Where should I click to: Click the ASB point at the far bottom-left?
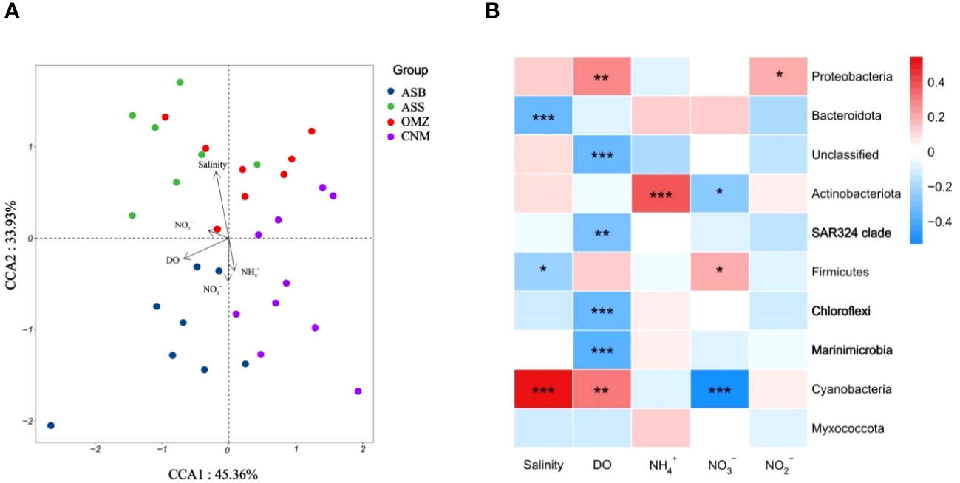50,425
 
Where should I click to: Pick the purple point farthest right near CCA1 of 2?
358,391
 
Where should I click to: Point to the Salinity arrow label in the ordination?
212,165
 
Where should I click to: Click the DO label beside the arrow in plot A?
171,261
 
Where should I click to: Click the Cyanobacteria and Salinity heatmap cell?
544,388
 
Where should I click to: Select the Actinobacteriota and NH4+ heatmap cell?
660,194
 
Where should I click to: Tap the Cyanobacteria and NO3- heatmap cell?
718,388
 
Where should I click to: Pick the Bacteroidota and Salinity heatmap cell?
544,116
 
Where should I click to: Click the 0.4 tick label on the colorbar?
939,83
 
